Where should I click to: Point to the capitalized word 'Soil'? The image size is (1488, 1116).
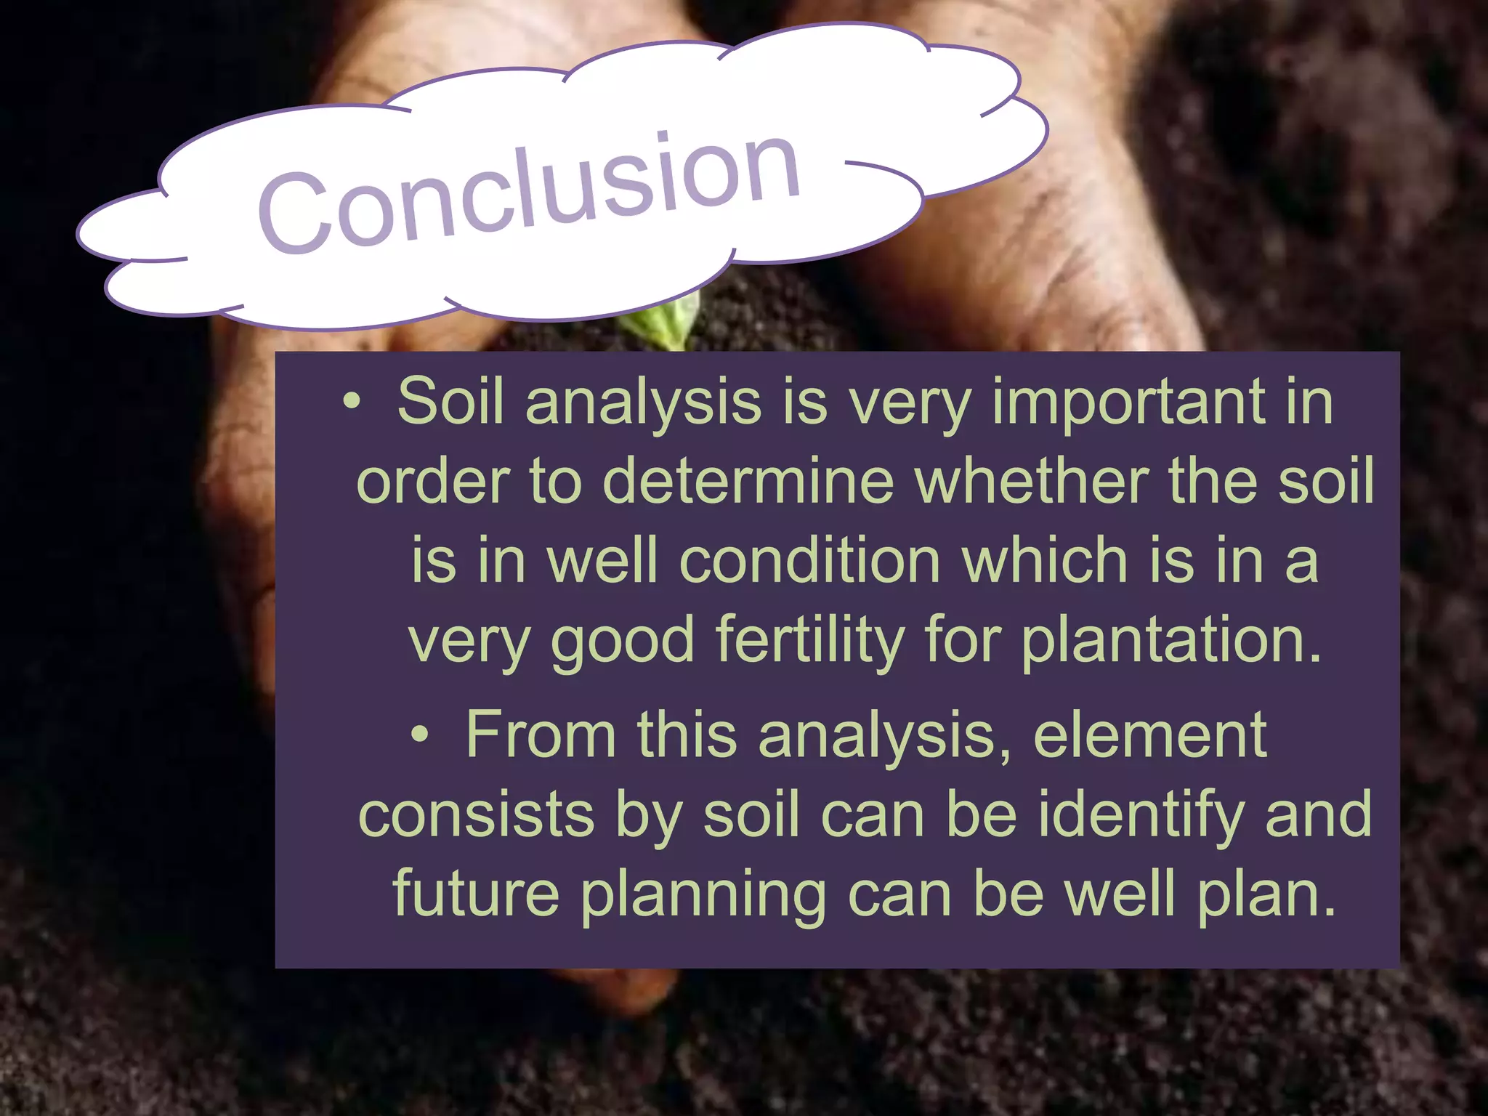click(450, 401)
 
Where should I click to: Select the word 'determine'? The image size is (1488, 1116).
click(748, 481)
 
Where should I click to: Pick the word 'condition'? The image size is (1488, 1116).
click(810, 561)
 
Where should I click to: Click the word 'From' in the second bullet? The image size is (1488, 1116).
click(541, 735)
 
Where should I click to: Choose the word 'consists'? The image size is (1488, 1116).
click(477, 815)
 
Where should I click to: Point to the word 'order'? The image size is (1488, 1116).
click(433, 481)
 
